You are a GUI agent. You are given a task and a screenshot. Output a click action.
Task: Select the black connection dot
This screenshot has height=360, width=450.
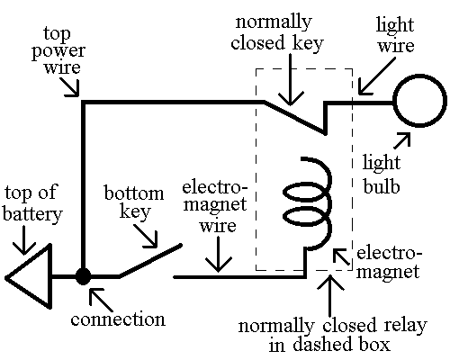83,276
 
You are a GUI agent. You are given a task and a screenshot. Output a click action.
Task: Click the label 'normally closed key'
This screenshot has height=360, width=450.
298,31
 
